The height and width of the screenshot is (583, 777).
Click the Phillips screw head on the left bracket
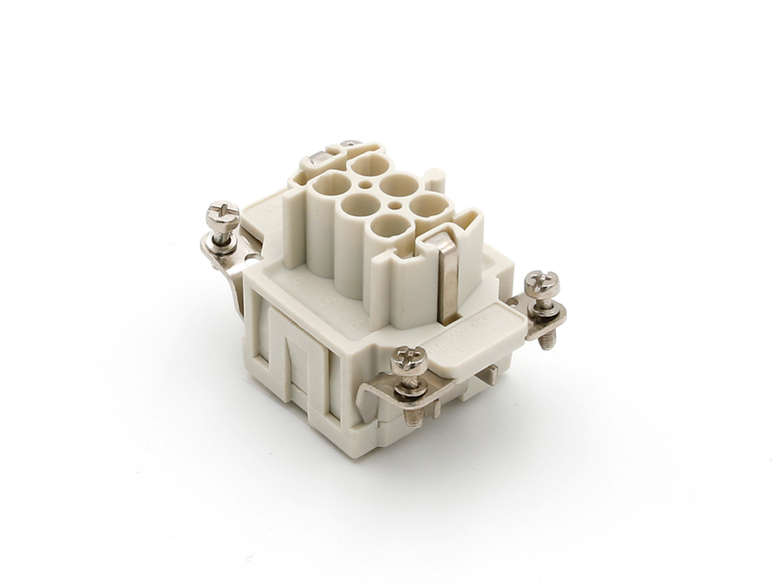tap(223, 213)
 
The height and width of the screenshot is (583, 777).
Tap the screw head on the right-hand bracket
tap(542, 283)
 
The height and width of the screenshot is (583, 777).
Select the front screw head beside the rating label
tap(409, 359)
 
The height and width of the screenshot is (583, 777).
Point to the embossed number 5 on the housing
tap(329, 299)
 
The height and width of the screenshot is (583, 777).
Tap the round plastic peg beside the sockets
tap(437, 180)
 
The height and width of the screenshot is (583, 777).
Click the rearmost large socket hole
tap(368, 166)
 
